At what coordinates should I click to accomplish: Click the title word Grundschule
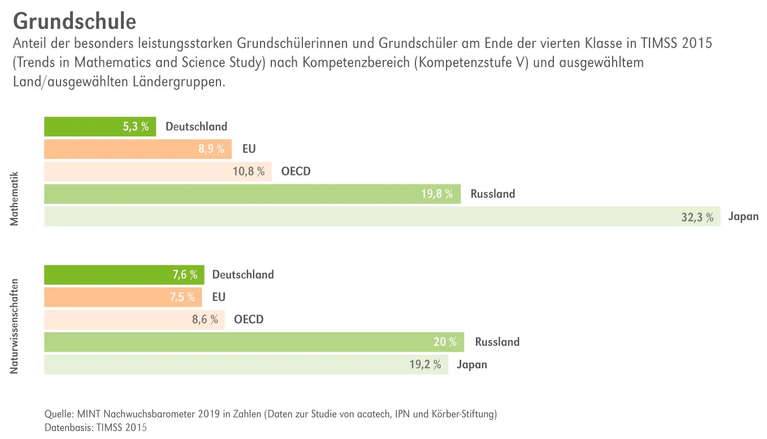point(74,21)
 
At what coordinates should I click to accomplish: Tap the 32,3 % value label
point(697,217)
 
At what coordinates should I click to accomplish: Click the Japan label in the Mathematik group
point(743,217)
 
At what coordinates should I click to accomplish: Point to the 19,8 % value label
point(437,194)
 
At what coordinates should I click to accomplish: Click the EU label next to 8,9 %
point(249,149)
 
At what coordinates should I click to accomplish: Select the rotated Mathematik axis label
point(15,199)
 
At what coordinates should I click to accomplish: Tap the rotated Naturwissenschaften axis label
point(15,326)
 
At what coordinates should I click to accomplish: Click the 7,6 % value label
point(185,275)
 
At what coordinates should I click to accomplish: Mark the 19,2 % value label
point(425,365)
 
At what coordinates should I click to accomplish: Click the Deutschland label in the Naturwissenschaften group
point(242,275)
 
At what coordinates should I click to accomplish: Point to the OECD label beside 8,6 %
point(249,320)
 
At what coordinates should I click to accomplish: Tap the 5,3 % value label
point(136,127)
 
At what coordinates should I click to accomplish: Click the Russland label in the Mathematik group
point(492,194)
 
